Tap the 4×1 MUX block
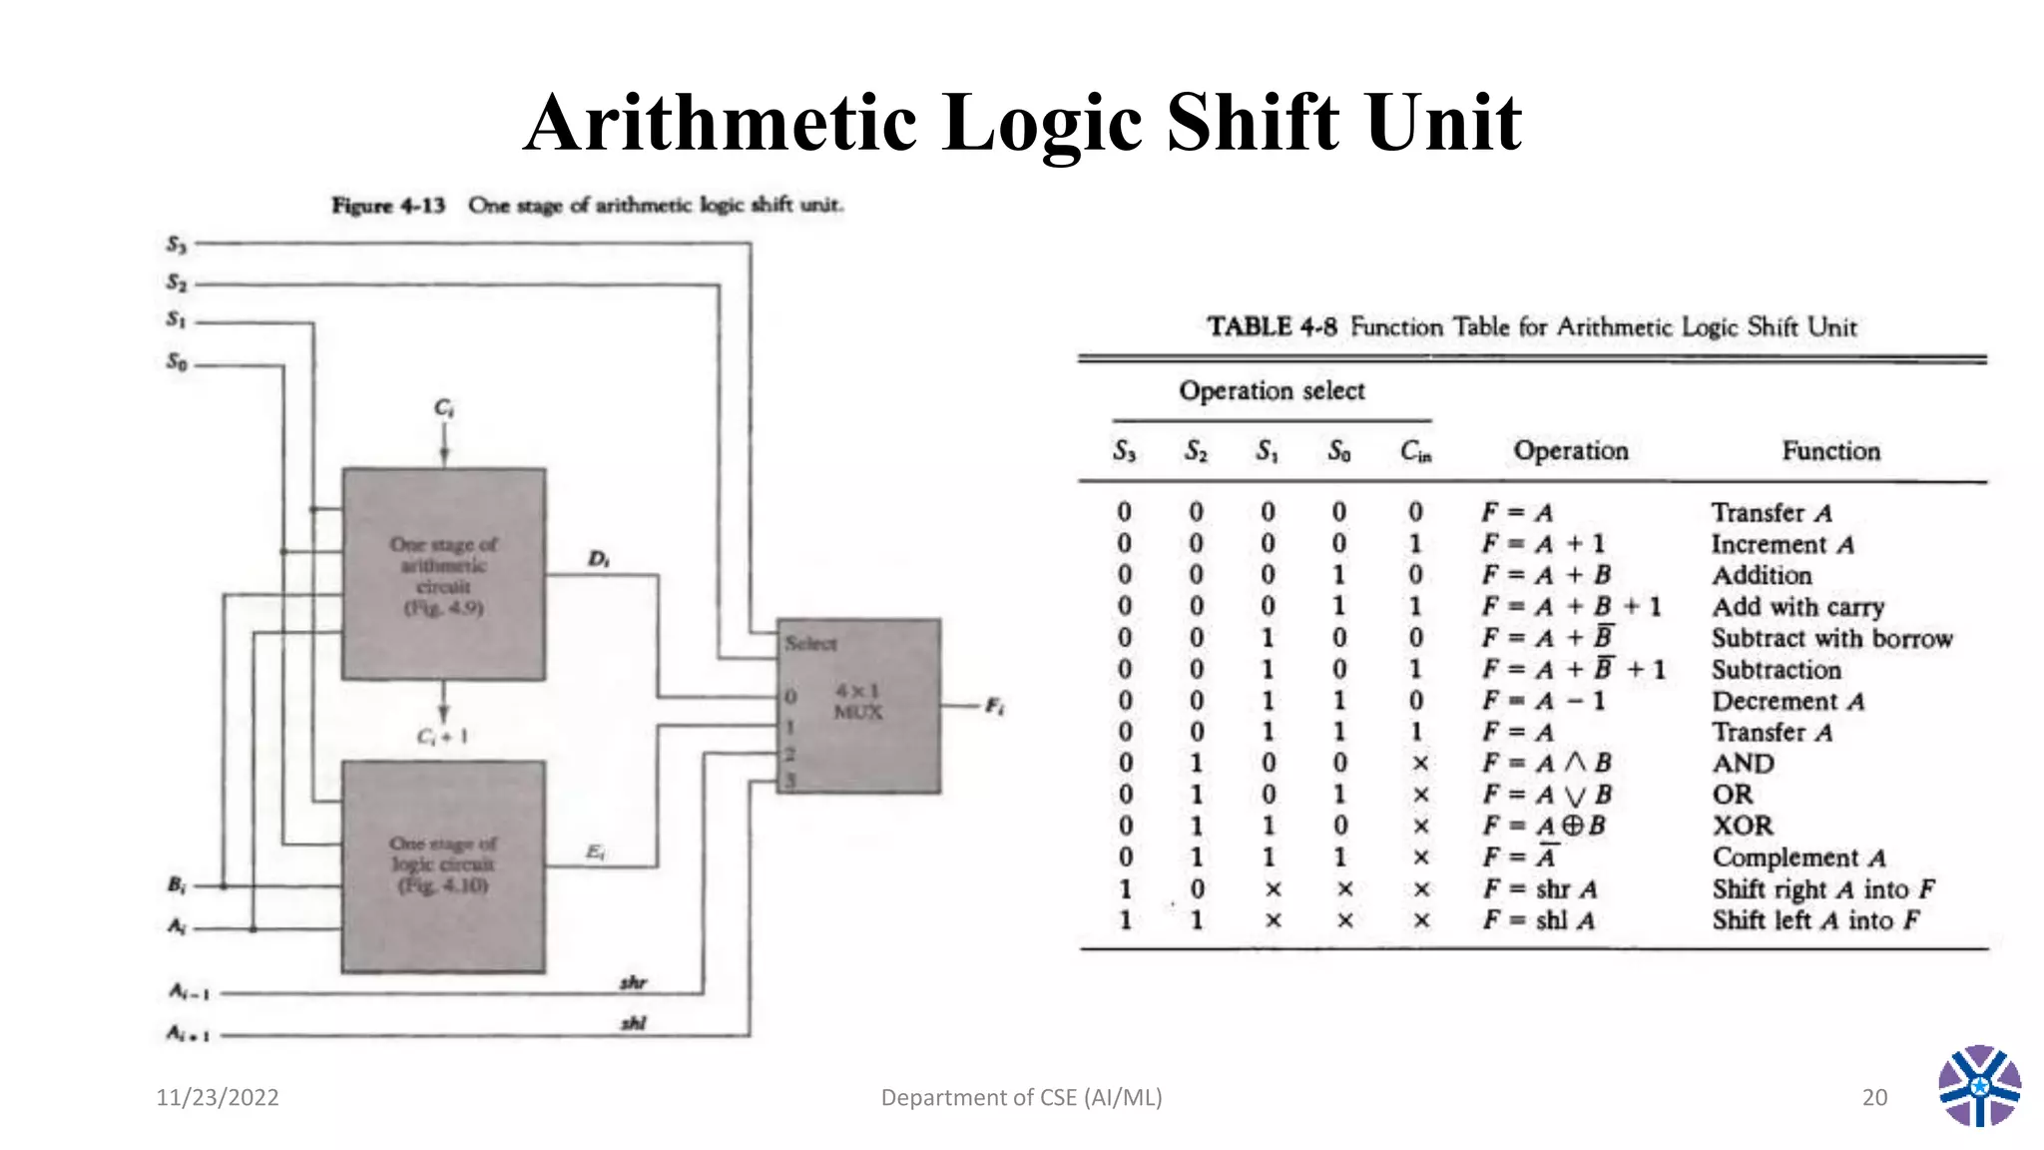pos(858,705)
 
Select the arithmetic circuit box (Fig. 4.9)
pos(444,574)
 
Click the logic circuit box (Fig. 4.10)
pos(444,865)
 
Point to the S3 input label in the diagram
pos(177,245)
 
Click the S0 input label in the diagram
pos(177,361)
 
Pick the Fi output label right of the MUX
pos(995,706)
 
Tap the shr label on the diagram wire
pos(634,982)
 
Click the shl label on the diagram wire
pos(634,1022)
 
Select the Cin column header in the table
pos(1416,452)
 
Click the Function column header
pos(1831,451)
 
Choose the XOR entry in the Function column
pos(1743,826)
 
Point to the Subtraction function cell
pos(1777,669)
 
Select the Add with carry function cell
pos(1797,607)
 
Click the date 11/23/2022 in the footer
pos(218,1097)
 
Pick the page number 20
pos(1874,1097)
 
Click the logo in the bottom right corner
pos(1979,1086)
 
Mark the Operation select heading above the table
pos(1272,390)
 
